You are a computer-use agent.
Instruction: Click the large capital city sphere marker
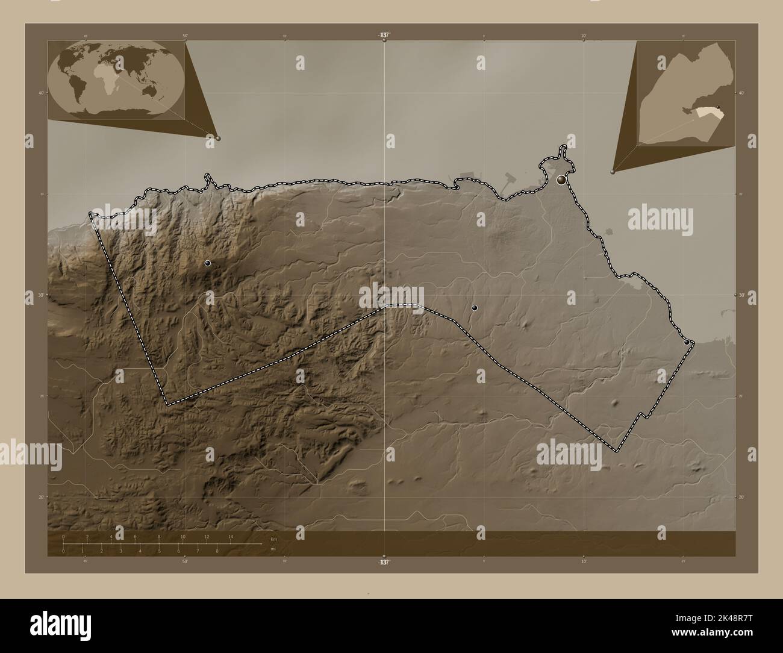[562, 180]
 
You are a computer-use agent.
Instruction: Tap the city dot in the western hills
[208, 263]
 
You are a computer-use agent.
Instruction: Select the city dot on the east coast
[687, 342]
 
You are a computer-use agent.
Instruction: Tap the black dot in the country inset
[718, 106]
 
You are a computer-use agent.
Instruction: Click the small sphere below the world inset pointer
[218, 138]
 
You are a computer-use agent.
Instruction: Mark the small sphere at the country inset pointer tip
[613, 172]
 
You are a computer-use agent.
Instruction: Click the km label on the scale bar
[273, 539]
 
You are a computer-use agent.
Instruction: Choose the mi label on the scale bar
[272, 549]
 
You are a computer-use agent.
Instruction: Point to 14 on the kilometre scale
[230, 536]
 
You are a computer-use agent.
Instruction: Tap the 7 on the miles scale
[198, 551]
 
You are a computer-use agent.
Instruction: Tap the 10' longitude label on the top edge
[583, 37]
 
